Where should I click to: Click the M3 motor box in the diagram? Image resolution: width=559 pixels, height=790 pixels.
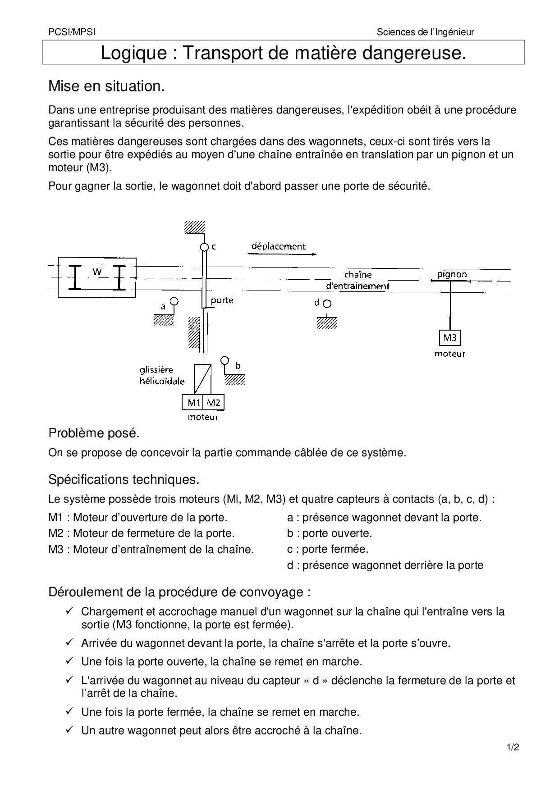click(450, 338)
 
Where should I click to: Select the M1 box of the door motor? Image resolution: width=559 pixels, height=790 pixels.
click(193, 403)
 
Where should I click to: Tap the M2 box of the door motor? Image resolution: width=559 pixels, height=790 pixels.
click(214, 403)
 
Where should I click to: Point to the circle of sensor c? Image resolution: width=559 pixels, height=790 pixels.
click(204, 247)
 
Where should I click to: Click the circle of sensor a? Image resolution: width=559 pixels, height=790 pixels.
click(174, 301)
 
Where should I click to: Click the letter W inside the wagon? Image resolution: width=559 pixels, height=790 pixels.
click(97, 271)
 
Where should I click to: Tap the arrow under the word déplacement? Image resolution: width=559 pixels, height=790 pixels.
click(281, 254)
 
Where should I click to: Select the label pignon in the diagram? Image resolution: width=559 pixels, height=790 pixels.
click(452, 274)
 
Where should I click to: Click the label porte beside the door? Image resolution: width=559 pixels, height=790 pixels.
click(222, 300)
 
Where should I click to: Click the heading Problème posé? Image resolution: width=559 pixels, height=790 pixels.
click(94, 433)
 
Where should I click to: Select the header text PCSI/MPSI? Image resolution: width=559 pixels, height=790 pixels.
click(72, 32)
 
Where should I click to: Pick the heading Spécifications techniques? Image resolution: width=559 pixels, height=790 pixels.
click(124, 480)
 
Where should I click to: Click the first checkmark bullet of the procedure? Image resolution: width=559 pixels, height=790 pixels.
click(69, 611)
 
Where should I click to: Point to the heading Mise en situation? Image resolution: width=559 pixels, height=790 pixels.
click(106, 86)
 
